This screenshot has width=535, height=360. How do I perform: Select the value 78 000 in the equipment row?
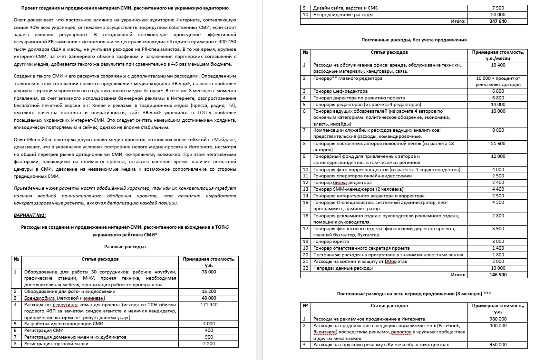(208, 272)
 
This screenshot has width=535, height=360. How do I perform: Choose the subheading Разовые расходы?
(125, 246)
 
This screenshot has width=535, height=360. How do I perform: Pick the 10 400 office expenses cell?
(498, 65)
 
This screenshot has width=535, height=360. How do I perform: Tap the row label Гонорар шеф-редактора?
(340, 91)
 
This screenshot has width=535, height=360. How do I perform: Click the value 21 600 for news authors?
(498, 143)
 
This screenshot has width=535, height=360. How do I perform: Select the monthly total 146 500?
(498, 274)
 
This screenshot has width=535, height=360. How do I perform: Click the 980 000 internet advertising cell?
(498, 319)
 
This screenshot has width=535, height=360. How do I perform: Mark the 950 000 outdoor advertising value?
(498, 345)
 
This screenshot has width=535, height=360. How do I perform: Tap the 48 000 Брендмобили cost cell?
(208, 298)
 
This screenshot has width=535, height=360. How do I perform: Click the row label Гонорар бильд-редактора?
(342, 183)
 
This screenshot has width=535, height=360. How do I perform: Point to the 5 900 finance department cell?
(498, 229)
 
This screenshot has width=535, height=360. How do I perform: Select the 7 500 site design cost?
(498, 8)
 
